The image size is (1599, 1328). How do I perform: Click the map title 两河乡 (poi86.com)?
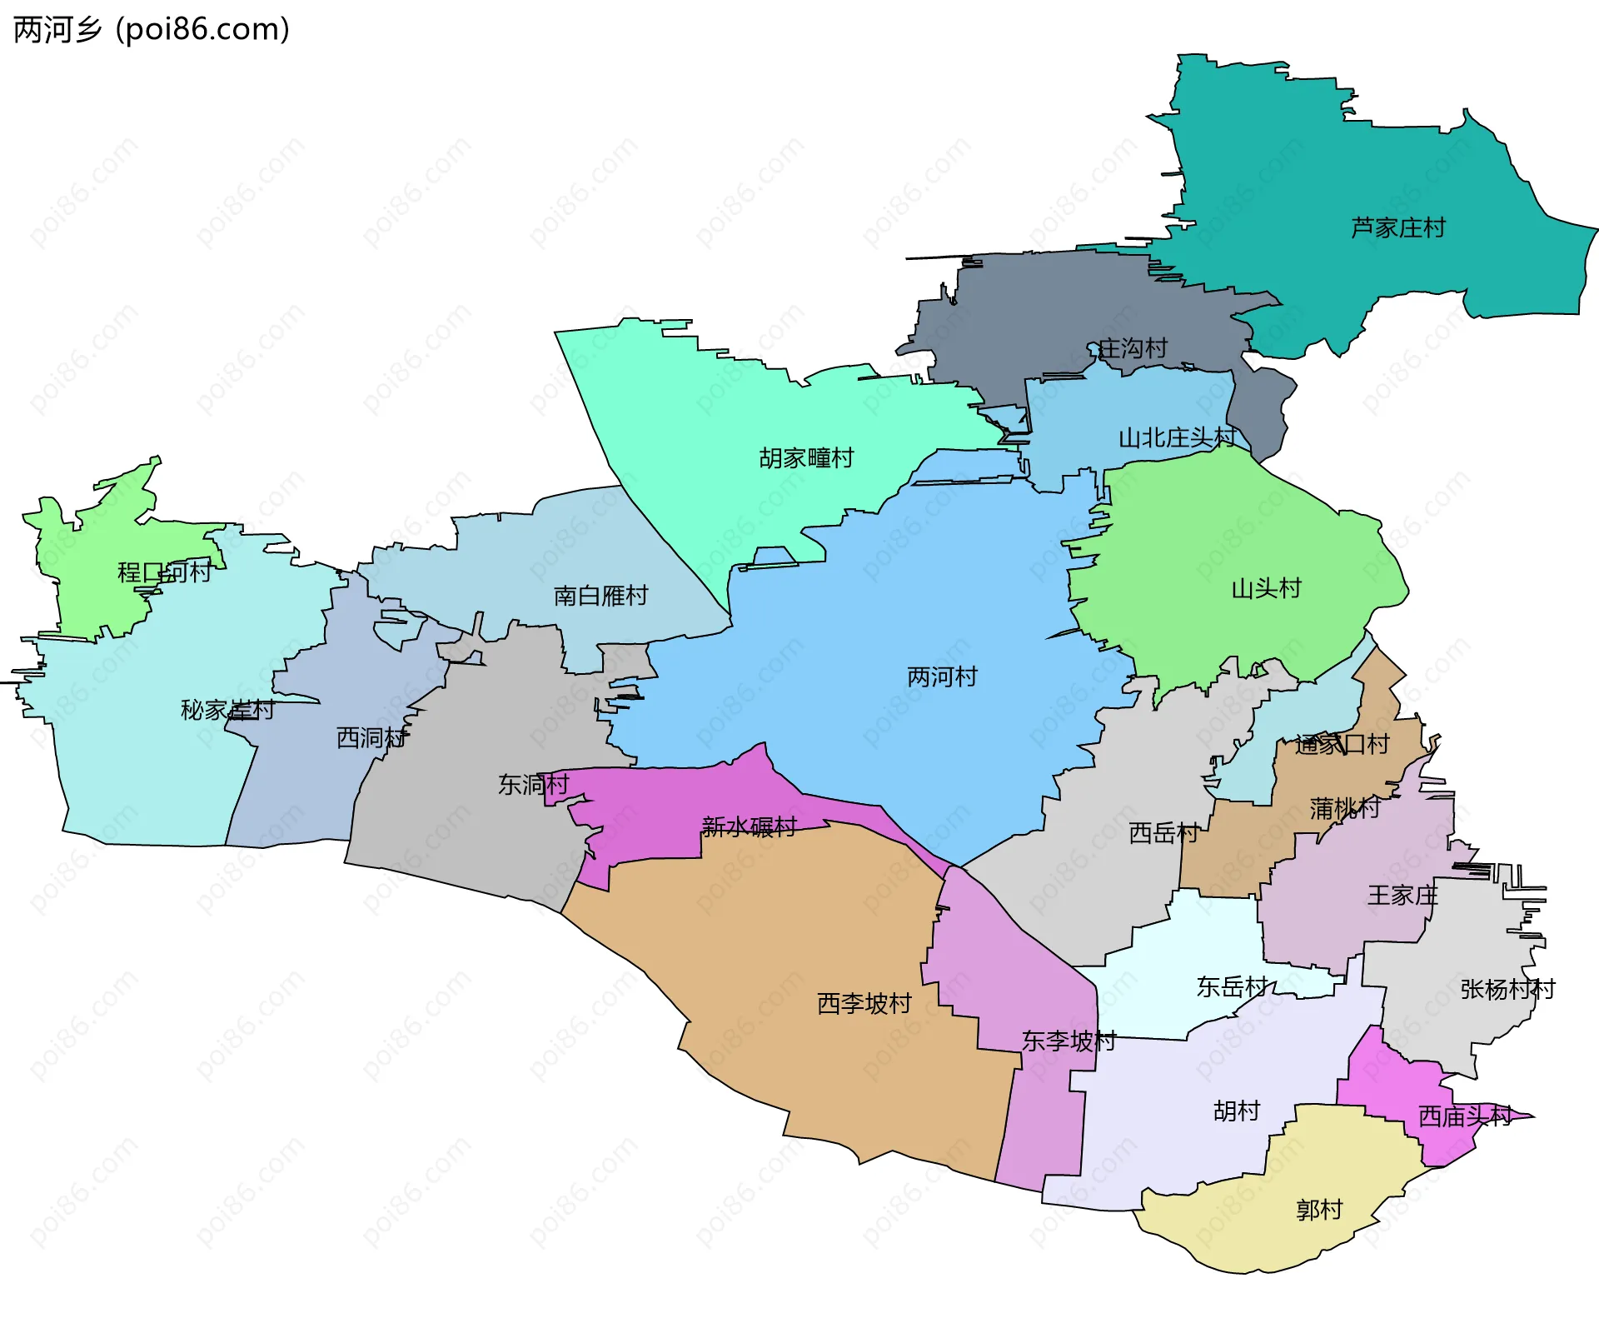click(152, 30)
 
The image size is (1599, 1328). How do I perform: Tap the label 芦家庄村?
click(1397, 227)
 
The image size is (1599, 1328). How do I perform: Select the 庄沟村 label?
click(1133, 348)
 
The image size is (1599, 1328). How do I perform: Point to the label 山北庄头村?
click(1177, 437)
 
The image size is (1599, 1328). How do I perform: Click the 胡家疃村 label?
click(806, 458)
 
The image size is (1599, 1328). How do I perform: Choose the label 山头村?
click(1266, 589)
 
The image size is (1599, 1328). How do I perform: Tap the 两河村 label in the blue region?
click(942, 676)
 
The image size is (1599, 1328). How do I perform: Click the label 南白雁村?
click(600, 596)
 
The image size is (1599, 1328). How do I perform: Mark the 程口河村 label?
click(164, 572)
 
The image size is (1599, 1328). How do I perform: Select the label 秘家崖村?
click(227, 710)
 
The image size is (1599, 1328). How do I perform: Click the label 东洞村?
click(533, 784)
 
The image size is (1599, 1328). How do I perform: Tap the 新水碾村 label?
click(750, 826)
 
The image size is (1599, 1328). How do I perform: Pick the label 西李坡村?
click(864, 1003)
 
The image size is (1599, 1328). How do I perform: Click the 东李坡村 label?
click(1068, 1041)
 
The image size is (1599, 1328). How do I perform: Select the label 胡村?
click(1237, 1111)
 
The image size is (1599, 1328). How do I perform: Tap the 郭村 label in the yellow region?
click(1319, 1210)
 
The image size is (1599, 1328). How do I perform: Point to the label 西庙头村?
click(1465, 1116)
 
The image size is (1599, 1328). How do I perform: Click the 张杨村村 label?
click(1507, 989)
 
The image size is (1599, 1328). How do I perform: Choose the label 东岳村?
click(1232, 987)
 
